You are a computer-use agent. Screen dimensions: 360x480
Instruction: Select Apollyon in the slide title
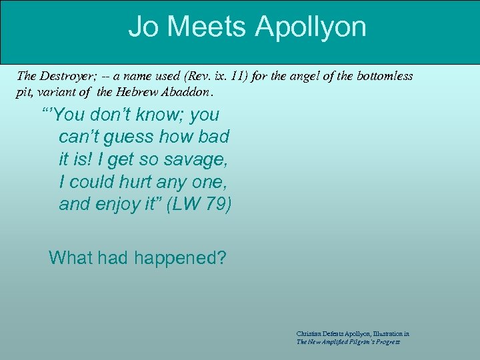311,27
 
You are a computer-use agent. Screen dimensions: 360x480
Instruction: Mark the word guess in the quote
125,137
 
